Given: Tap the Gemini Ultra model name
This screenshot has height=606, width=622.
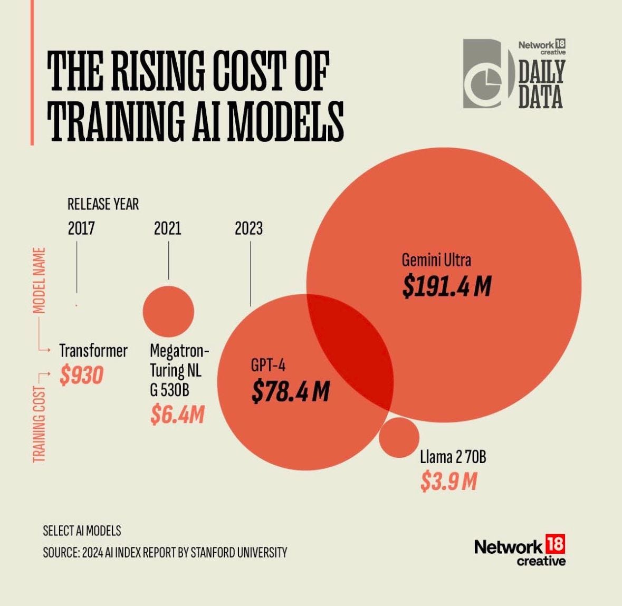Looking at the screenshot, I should tap(436, 260).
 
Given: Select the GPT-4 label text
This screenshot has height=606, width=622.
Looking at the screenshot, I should tap(268, 366).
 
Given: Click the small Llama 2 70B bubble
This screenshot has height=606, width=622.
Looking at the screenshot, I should tap(399, 437).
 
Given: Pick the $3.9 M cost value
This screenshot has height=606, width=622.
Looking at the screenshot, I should tap(448, 481).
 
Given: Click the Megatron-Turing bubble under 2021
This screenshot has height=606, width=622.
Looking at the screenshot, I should tap(168, 311).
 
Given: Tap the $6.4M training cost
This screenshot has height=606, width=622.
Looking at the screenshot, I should tap(177, 415).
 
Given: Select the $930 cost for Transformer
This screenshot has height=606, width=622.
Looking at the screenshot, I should tap(81, 376).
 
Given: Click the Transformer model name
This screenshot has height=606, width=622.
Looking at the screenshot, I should tap(93, 351).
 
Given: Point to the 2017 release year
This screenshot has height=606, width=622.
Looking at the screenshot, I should tap(81, 228).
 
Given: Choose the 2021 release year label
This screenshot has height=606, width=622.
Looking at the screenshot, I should tap(167, 228).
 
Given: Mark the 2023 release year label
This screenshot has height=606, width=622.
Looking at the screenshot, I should tap(248, 228).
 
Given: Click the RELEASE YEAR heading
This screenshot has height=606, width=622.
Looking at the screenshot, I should tap(103, 204).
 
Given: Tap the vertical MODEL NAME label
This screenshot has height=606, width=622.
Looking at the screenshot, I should tap(40, 280).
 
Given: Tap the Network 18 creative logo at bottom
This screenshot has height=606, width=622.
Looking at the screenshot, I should tap(520, 552).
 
